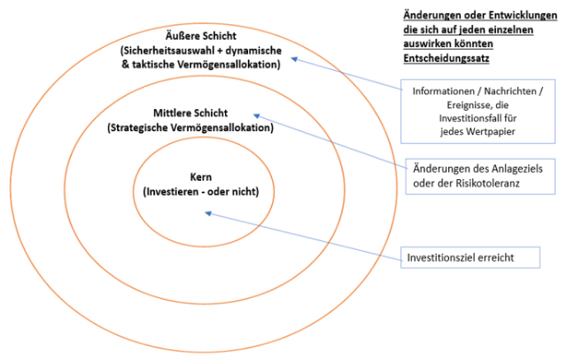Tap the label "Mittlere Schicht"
[190, 114]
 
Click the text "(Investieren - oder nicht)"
[201, 191]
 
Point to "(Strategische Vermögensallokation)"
[190, 128]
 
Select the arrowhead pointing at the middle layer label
[256, 114]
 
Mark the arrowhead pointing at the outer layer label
[294, 59]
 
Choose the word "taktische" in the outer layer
[153, 66]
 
